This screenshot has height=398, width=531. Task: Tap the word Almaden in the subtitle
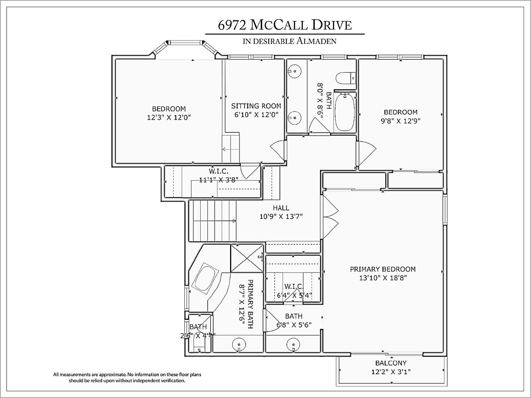[x=316, y=41]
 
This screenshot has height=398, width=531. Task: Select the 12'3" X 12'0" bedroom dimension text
[x=169, y=118]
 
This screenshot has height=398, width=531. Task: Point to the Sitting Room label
[x=256, y=106]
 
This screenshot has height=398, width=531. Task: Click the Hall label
[x=281, y=208]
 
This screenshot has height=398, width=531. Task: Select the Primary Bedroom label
[x=383, y=269]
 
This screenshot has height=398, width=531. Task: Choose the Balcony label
[x=391, y=363]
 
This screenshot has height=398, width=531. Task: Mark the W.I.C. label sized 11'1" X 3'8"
[x=219, y=171]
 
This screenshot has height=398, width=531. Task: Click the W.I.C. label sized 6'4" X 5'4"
[x=294, y=287]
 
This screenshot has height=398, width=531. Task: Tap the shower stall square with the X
[x=246, y=258]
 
